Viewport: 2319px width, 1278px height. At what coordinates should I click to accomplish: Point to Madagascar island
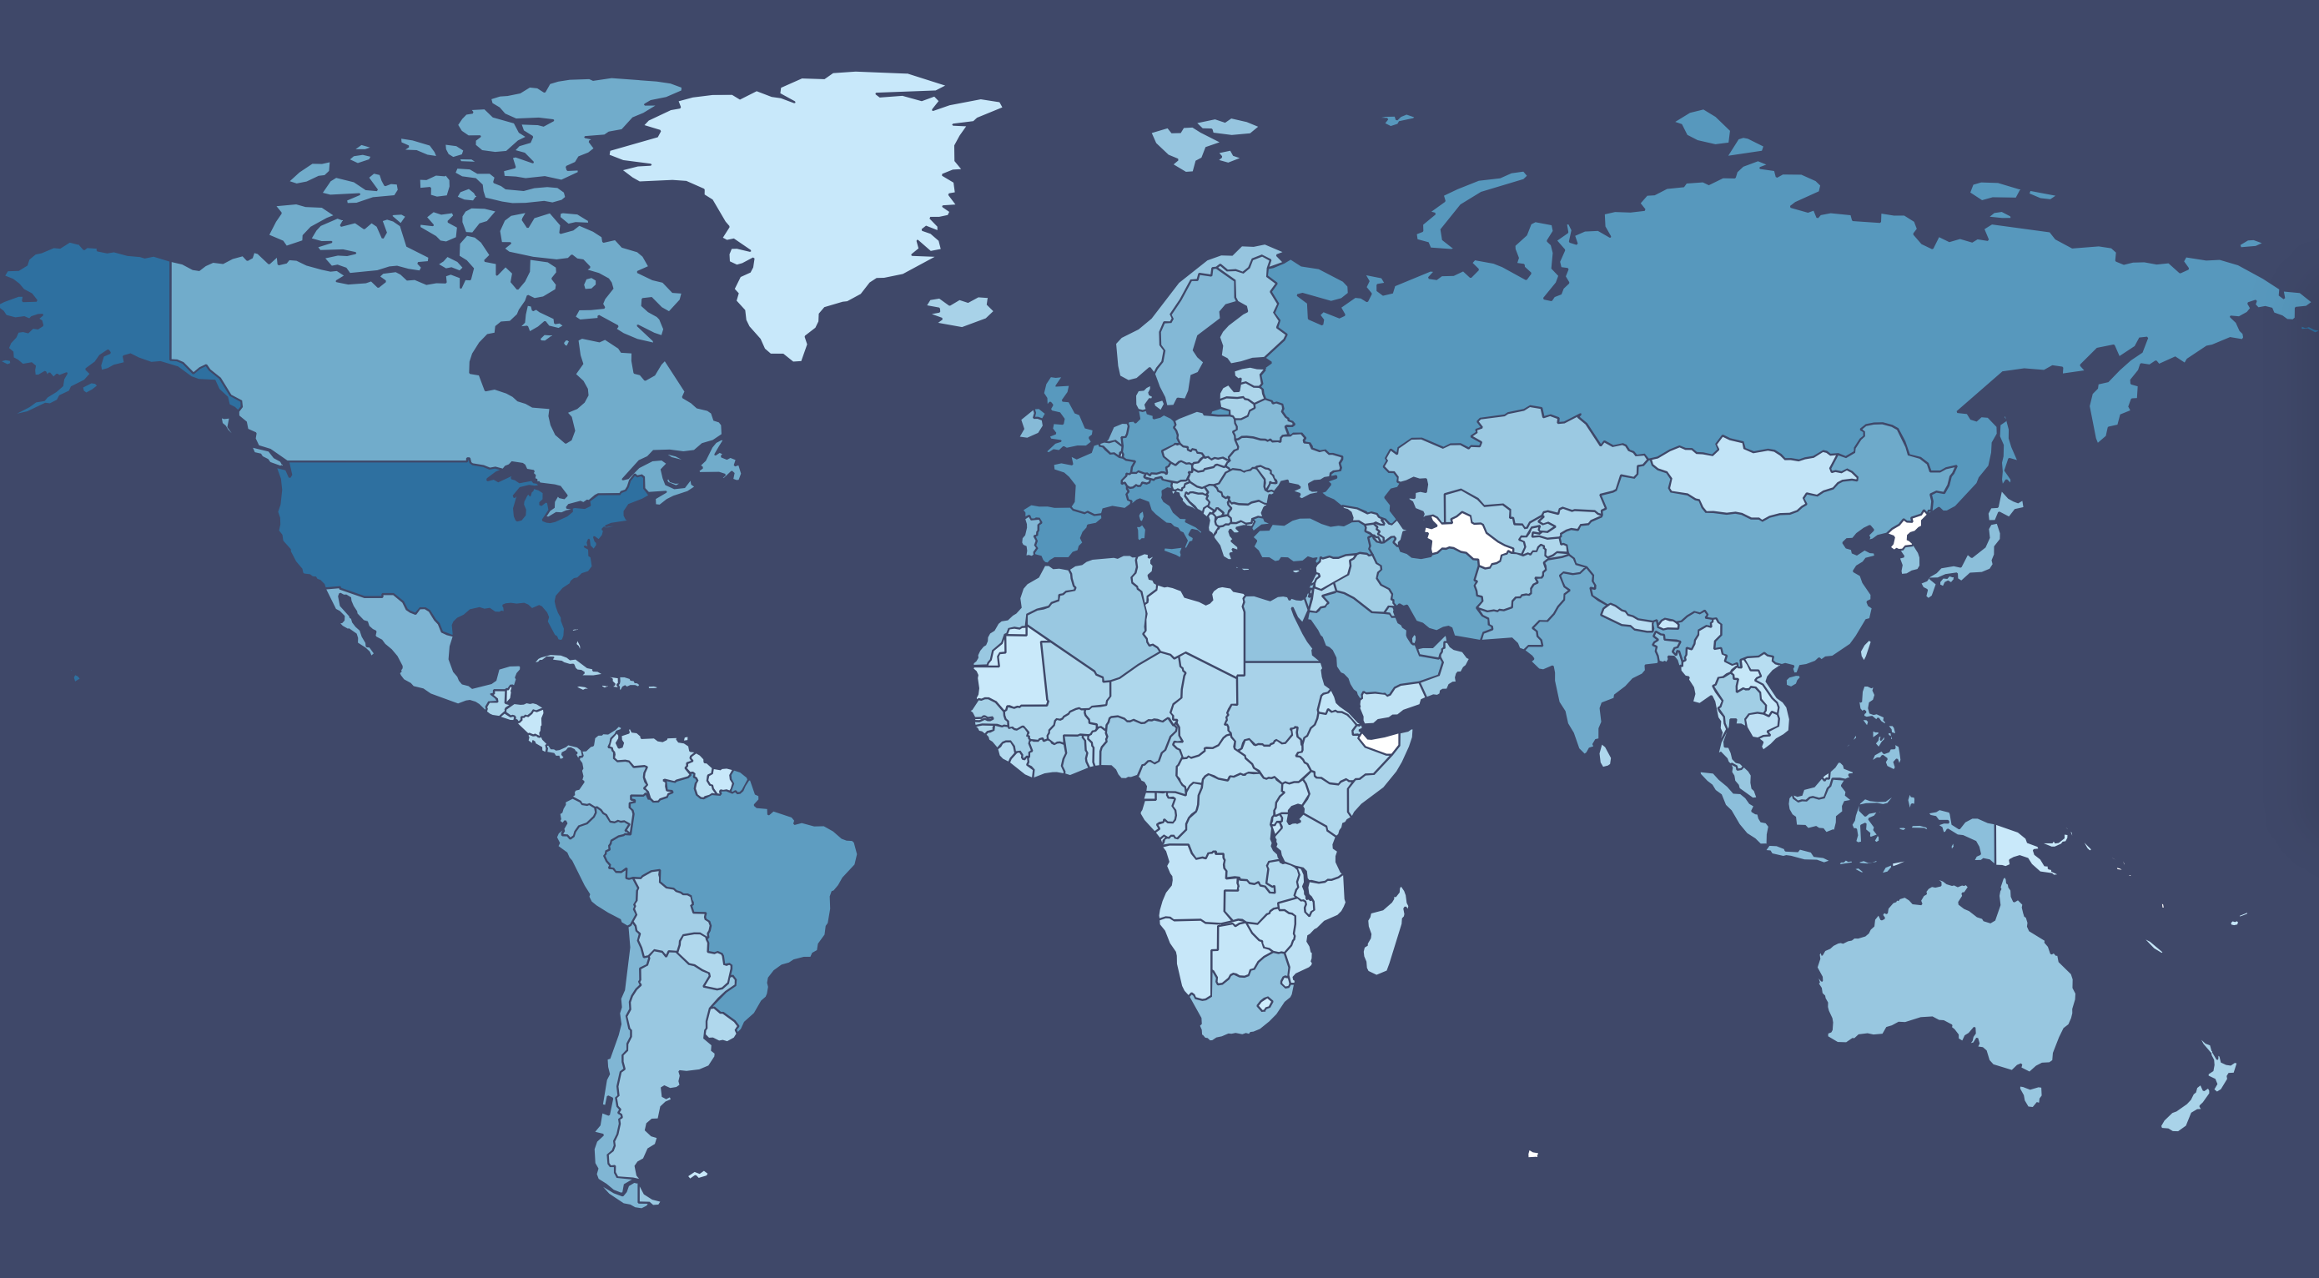(x=1385, y=936)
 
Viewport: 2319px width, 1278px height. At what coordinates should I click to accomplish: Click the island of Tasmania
(x=2031, y=1095)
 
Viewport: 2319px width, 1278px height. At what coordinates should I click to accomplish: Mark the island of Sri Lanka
(x=1605, y=755)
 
